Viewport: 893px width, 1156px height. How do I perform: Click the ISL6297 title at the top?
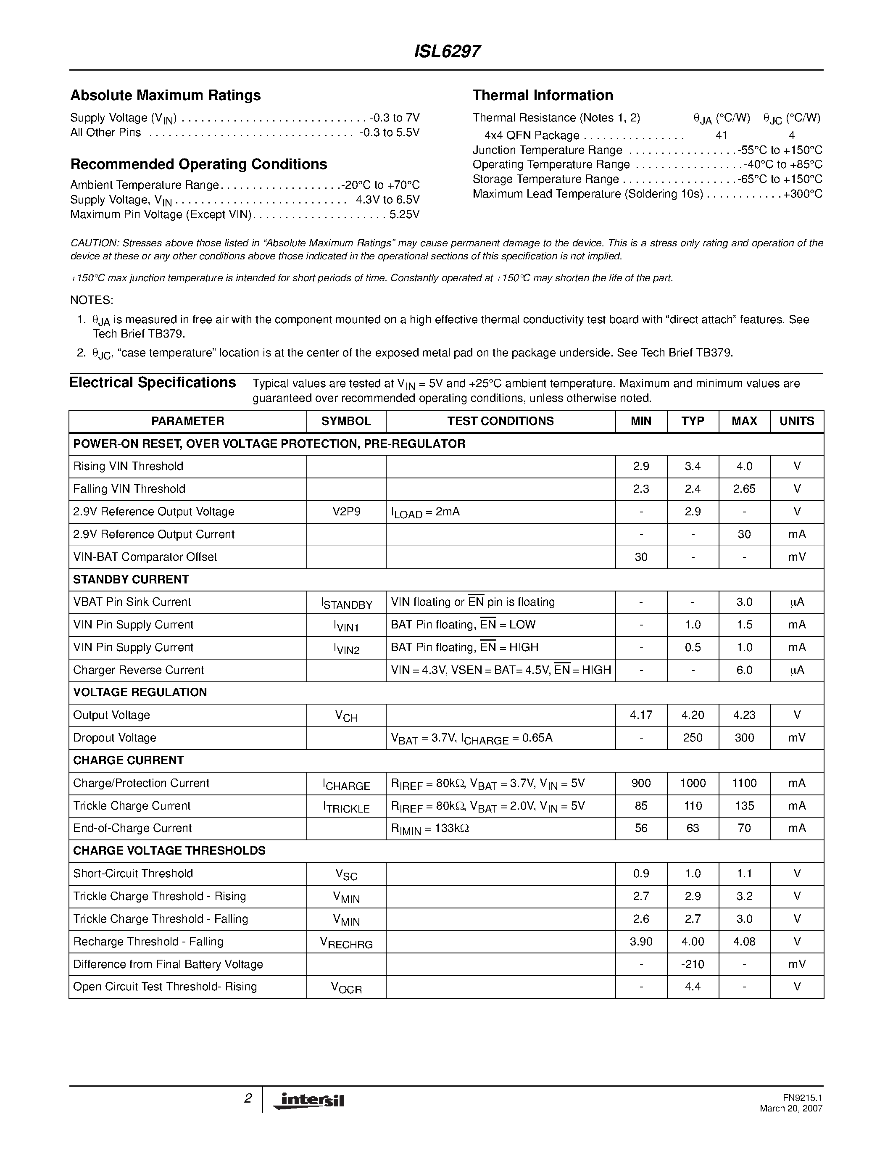[447, 51]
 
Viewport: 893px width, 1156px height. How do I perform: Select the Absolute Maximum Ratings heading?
[166, 95]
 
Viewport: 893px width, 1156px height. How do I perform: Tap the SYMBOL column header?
[346, 421]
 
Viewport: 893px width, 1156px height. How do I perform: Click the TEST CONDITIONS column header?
[501, 421]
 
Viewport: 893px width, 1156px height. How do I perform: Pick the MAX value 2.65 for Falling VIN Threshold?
[744, 489]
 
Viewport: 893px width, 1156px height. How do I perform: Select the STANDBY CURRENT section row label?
[131, 580]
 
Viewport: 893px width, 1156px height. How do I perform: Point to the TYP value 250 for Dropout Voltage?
[693, 738]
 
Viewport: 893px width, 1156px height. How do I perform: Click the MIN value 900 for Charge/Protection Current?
[641, 784]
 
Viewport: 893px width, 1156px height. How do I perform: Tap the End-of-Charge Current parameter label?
[132, 829]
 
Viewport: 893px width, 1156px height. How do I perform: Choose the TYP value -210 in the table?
[693, 964]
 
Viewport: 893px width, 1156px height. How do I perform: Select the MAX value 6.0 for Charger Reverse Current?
[744, 670]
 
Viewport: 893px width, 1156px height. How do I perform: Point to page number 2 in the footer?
[248, 1099]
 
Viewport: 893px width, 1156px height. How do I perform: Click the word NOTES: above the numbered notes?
[92, 300]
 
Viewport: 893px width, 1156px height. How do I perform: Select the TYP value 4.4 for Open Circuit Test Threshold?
[693, 987]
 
